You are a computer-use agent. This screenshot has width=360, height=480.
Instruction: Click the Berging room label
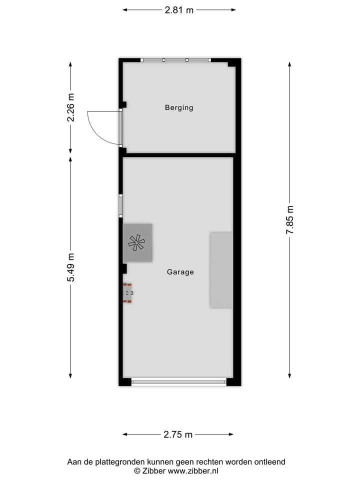[x=179, y=107]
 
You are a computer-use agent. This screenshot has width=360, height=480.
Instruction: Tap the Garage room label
[x=180, y=272]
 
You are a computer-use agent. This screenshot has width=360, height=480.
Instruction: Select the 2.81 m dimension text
[x=179, y=9]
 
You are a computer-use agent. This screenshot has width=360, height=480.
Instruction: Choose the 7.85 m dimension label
[x=289, y=220]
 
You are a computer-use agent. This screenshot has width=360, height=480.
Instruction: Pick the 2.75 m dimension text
[x=178, y=434]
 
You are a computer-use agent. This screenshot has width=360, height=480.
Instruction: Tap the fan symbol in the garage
[x=136, y=242]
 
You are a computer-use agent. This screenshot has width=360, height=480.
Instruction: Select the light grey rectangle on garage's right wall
[x=221, y=269]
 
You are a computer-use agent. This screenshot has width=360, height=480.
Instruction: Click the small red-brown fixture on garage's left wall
[x=128, y=293]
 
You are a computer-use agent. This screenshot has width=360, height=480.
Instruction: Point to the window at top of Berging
[x=175, y=60]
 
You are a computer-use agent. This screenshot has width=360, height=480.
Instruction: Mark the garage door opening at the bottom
[x=178, y=382]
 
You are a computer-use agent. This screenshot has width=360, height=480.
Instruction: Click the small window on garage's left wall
[x=120, y=205]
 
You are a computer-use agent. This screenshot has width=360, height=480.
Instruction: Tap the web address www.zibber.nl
[x=193, y=471]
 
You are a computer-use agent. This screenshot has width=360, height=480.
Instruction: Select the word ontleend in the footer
[x=271, y=462]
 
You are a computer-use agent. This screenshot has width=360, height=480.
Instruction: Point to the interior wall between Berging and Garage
[x=177, y=155]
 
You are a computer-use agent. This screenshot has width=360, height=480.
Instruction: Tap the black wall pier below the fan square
[x=123, y=268]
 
